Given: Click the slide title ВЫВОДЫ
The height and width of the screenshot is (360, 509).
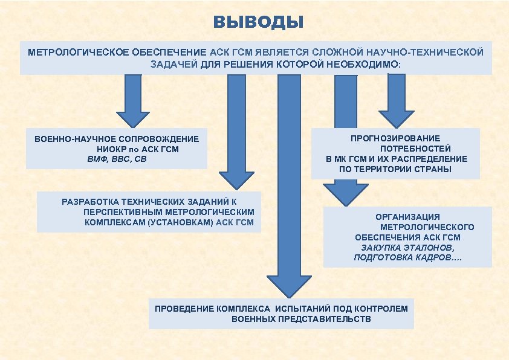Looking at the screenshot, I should coord(258,23).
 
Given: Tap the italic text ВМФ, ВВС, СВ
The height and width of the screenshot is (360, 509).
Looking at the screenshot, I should coord(117,159).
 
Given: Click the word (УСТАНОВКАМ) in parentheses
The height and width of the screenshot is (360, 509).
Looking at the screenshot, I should coord(180,222).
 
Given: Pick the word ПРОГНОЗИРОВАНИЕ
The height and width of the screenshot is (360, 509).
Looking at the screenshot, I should coord(395,138).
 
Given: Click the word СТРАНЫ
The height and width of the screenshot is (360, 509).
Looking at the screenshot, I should coord(432,169).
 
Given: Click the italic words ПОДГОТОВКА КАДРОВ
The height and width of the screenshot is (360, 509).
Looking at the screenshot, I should coord(408,257).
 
